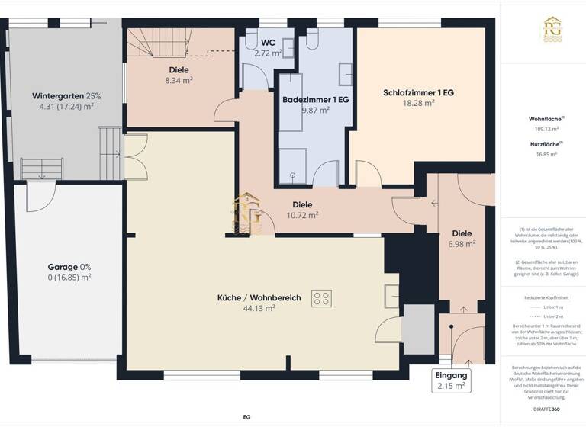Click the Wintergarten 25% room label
click(66, 96)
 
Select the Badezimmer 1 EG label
click(315, 100)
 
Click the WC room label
click(268, 43)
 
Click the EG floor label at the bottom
click(246, 417)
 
